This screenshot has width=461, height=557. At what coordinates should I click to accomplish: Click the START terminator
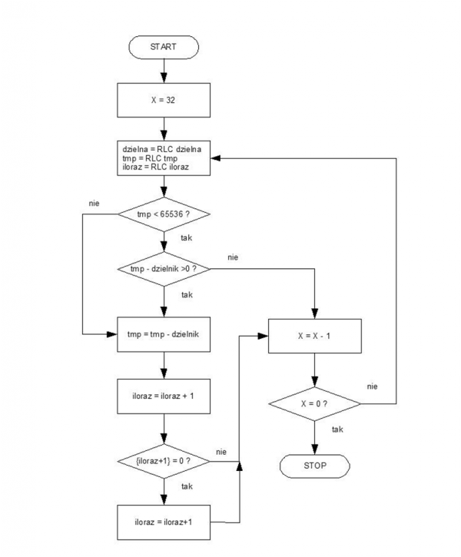click(164, 47)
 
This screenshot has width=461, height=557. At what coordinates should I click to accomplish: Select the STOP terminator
click(315, 466)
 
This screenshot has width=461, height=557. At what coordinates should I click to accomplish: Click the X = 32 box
click(164, 100)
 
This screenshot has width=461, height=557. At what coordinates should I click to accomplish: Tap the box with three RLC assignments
click(164, 158)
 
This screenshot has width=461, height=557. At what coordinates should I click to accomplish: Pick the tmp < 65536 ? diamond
click(164, 214)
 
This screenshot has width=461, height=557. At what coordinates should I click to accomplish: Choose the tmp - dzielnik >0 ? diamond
click(164, 269)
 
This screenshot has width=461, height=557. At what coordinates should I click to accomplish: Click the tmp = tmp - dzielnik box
click(164, 334)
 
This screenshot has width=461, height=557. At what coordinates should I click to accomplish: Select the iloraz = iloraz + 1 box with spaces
click(164, 396)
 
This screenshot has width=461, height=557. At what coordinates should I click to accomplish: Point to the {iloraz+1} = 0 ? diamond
click(164, 462)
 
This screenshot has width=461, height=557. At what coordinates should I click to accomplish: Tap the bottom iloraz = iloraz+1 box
click(164, 522)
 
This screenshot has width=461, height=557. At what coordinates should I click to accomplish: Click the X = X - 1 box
click(315, 336)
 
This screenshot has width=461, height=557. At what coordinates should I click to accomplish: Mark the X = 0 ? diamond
click(315, 404)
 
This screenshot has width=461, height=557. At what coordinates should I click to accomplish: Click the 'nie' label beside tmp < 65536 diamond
click(94, 204)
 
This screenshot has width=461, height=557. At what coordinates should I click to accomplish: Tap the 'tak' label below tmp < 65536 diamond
click(187, 238)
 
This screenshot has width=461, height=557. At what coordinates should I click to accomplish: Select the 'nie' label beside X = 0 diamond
click(372, 386)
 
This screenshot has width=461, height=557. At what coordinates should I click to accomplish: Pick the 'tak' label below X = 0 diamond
click(337, 429)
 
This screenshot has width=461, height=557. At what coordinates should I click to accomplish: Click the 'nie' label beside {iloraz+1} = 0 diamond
click(221, 452)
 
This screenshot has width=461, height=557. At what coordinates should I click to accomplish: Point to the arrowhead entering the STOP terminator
click(315, 449)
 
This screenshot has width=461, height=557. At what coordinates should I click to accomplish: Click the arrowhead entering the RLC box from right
click(216, 158)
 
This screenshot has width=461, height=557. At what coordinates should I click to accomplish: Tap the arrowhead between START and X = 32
click(164, 78)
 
